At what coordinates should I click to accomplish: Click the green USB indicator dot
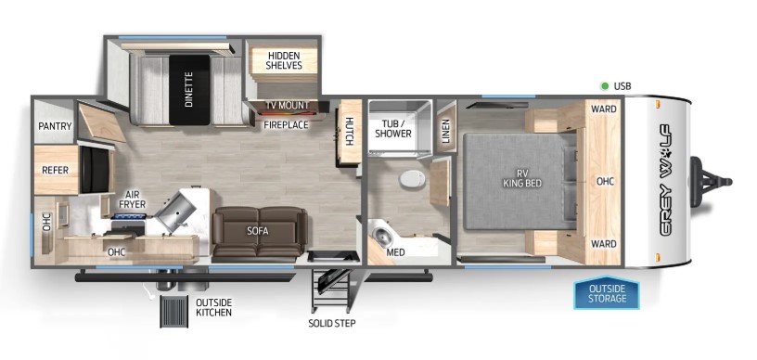(603, 86)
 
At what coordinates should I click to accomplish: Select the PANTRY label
(55, 126)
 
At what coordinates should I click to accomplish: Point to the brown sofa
(259, 232)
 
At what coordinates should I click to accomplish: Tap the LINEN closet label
(444, 126)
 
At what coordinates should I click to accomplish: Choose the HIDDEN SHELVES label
(284, 59)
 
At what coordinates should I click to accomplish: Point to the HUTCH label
(349, 131)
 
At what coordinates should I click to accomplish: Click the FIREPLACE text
(285, 124)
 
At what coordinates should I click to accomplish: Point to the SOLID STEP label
(331, 323)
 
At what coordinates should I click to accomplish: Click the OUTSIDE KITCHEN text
(213, 307)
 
